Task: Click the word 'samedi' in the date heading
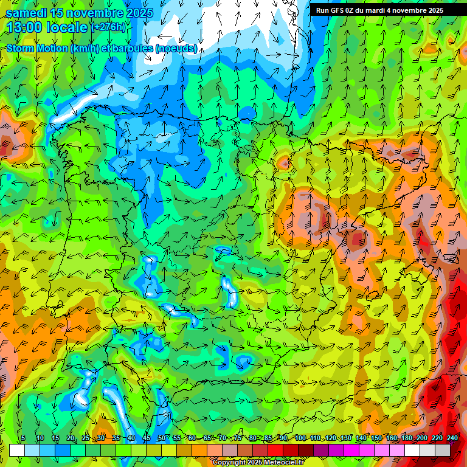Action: (x=27, y=13)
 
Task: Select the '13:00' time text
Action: (x=25, y=27)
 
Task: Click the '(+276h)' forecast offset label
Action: (x=108, y=27)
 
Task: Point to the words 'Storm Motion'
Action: (x=36, y=48)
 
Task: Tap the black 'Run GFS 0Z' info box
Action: (x=379, y=10)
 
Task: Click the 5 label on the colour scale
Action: (x=23, y=438)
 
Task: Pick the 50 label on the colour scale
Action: (x=161, y=438)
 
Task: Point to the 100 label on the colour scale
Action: (x=300, y=438)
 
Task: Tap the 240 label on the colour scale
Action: (x=452, y=438)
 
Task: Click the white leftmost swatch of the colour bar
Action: (x=17, y=450)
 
